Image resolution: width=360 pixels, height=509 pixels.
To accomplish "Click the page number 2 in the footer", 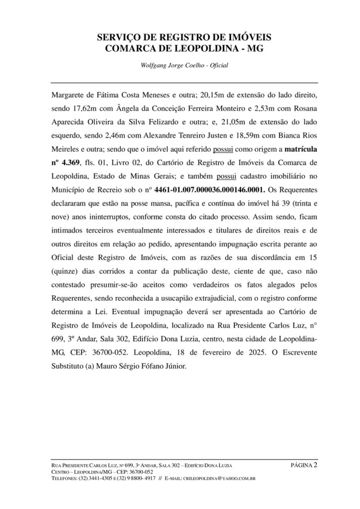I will point(316,465).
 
